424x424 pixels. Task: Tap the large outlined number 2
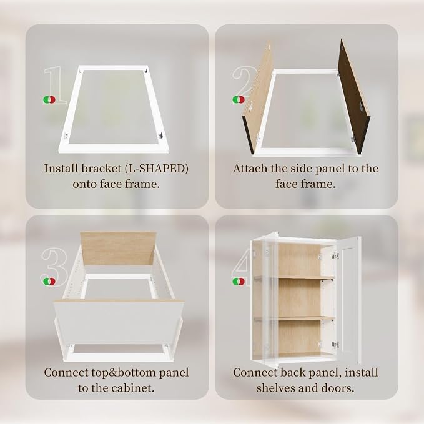pyautogui.click(x=245, y=84)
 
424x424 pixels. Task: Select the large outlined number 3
pyautogui.click(x=54, y=267)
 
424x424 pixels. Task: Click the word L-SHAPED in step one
pyautogui.click(x=157, y=169)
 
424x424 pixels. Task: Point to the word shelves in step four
pyautogui.click(x=275, y=388)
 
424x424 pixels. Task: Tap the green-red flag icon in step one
pyautogui.click(x=49, y=100)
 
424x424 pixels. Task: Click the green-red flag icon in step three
pyautogui.click(x=49, y=282)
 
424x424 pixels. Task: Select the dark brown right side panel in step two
pyautogui.click(x=354, y=97)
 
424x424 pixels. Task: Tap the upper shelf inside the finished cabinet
pyautogui.click(x=294, y=277)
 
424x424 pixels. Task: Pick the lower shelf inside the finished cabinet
pyautogui.click(x=294, y=318)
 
